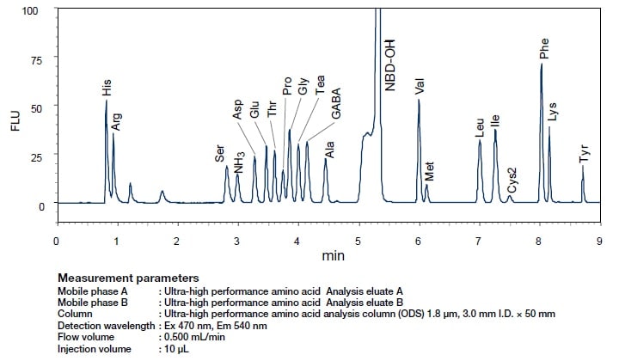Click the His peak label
click(106, 87)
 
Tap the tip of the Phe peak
click(541, 64)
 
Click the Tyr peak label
click(585, 154)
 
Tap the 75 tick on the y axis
click(34, 58)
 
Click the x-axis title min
click(333, 256)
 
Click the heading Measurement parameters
click(128, 278)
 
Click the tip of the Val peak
click(419, 100)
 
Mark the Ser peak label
click(220, 154)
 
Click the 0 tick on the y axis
click(39, 205)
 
